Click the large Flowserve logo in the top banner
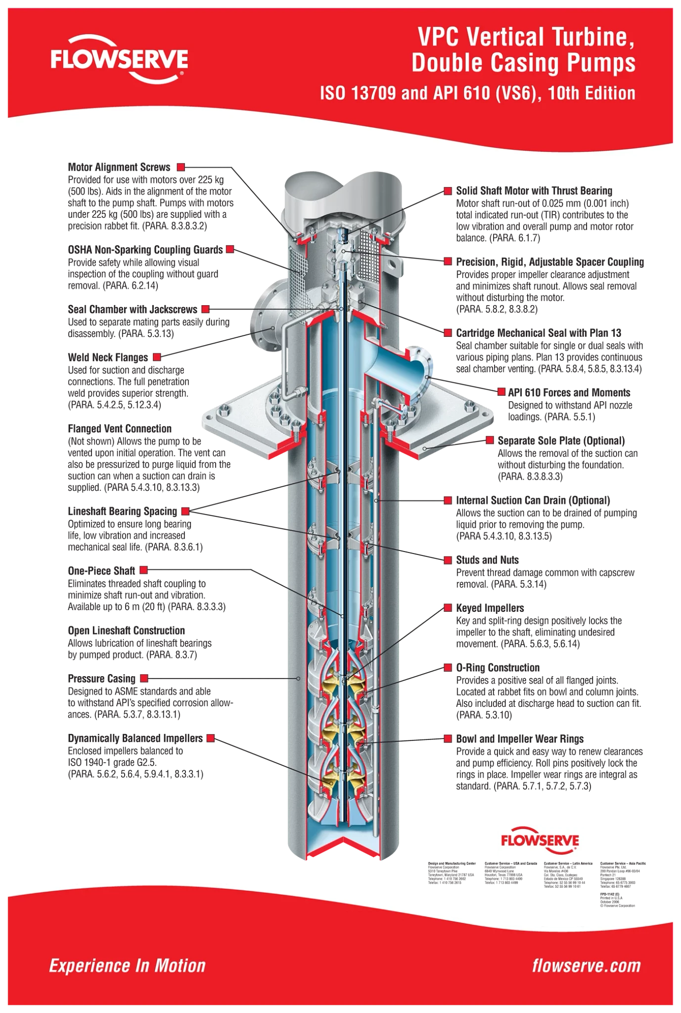tap(119, 61)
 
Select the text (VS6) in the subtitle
tap(513, 93)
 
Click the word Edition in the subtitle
tap(611, 93)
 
